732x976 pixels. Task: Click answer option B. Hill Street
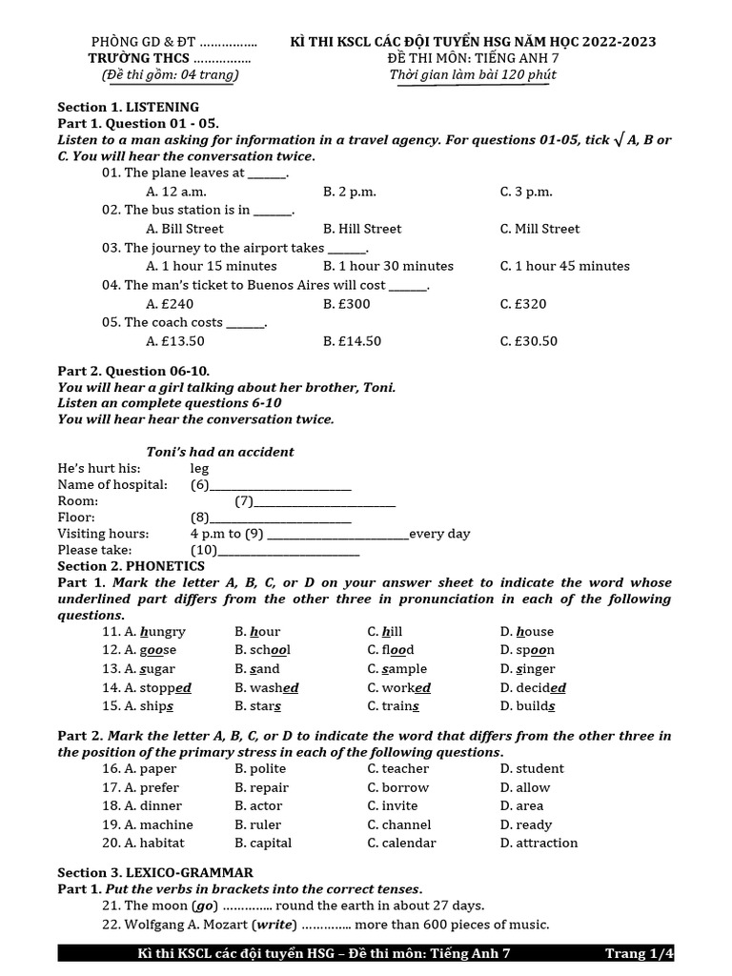click(362, 229)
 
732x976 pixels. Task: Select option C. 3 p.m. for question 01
click(526, 192)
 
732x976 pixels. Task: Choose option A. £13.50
click(175, 341)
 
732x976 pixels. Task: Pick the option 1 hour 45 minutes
click(564, 266)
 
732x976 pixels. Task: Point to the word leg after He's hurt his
click(199, 468)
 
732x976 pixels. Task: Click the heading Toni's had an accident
click(220, 452)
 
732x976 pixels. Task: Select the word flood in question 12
click(391, 650)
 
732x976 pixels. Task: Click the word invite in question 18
click(393, 805)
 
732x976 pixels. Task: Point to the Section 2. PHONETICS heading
click(131, 566)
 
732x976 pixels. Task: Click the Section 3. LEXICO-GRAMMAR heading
click(155, 872)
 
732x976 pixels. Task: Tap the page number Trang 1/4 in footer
click(639, 953)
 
